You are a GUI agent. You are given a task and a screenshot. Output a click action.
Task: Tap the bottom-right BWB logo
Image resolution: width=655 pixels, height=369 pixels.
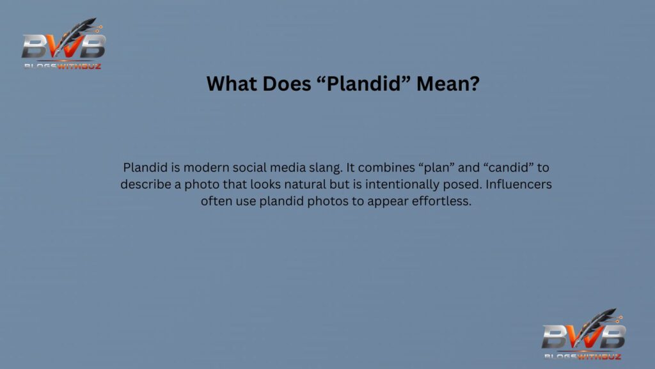pyautogui.click(x=583, y=334)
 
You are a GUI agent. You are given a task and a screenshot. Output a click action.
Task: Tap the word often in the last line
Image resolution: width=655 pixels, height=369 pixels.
pyautogui.click(x=216, y=201)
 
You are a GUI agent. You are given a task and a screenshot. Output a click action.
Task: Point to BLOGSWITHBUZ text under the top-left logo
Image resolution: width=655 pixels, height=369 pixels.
pyautogui.click(x=63, y=65)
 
